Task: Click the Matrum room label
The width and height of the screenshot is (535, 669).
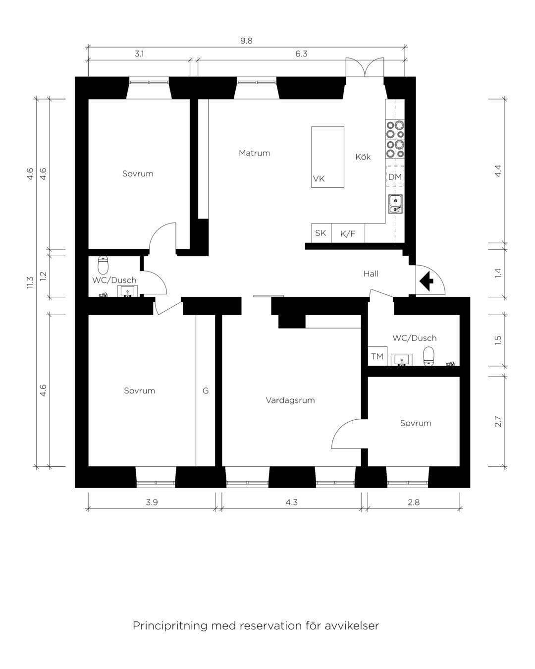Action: pos(254,153)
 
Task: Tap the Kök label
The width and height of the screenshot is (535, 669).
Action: pos(363,157)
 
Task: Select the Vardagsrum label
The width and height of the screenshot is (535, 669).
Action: pos(290,400)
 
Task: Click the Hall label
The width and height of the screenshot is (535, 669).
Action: pos(371,274)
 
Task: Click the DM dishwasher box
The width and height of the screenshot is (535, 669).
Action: pos(395,176)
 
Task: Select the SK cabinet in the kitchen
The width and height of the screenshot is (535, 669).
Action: pos(321,233)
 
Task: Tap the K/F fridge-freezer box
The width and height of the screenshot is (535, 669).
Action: pos(348,233)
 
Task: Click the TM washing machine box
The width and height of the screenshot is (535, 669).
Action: pos(377,356)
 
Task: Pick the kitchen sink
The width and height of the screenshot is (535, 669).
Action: pos(395,204)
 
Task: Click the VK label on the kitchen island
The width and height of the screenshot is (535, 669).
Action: pos(319,179)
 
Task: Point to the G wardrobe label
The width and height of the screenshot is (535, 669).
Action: pos(206,391)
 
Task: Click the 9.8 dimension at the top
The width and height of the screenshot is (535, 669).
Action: pos(246,41)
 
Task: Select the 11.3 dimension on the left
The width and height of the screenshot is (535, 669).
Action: pos(30,282)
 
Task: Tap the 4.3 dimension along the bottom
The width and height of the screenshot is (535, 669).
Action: pos(291,502)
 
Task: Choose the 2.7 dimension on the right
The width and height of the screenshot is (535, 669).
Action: pos(498,421)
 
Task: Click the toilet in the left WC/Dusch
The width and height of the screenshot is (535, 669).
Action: pos(103,265)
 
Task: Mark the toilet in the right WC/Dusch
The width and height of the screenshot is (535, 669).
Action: pos(428,356)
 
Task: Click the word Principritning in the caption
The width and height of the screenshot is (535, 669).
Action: pos(170,626)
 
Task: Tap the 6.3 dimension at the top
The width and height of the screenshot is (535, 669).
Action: pos(301,54)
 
